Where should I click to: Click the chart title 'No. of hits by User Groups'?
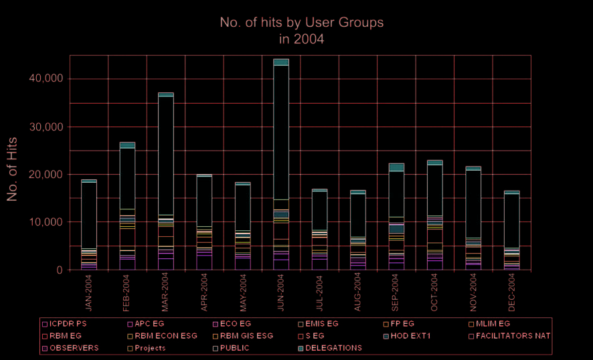click(301, 22)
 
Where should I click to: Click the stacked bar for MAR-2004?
click(166, 181)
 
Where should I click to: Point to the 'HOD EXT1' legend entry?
click(410, 336)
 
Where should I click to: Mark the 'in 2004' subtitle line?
click(301, 39)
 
